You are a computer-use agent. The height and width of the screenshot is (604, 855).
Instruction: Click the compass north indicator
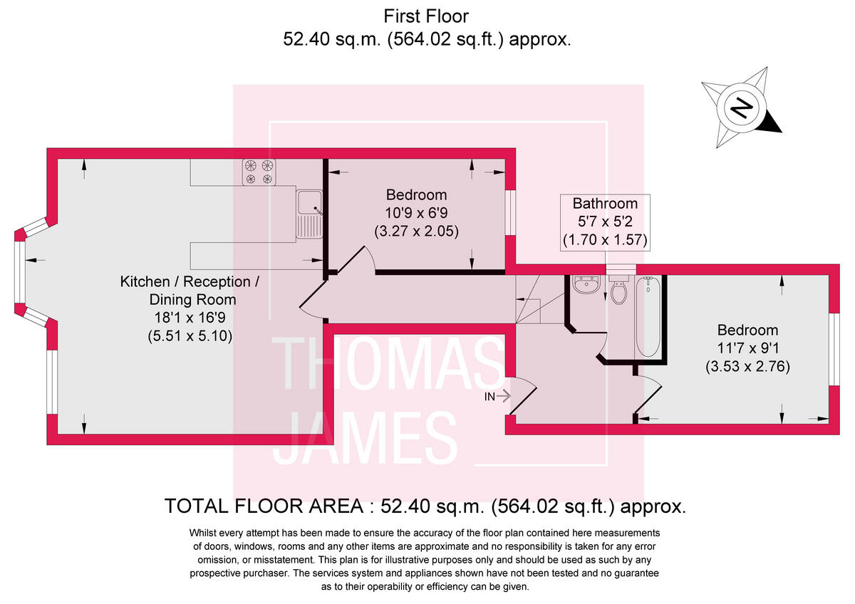tap(742, 109)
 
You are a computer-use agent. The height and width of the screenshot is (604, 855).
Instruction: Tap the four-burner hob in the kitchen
tap(259, 172)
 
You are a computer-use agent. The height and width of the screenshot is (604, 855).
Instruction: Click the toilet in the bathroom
tap(618, 291)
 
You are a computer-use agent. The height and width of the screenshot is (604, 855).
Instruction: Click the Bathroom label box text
tap(605, 204)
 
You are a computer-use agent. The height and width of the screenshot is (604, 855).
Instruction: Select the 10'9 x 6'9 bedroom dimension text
tap(416, 212)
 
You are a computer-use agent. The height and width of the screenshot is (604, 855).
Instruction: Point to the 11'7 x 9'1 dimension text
tap(747, 349)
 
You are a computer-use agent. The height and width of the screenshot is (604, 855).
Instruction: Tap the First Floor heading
tap(427, 16)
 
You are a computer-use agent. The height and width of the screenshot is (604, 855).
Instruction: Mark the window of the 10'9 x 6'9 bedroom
tap(510, 212)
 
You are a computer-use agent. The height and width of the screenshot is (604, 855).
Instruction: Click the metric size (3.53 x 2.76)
tap(747, 368)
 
